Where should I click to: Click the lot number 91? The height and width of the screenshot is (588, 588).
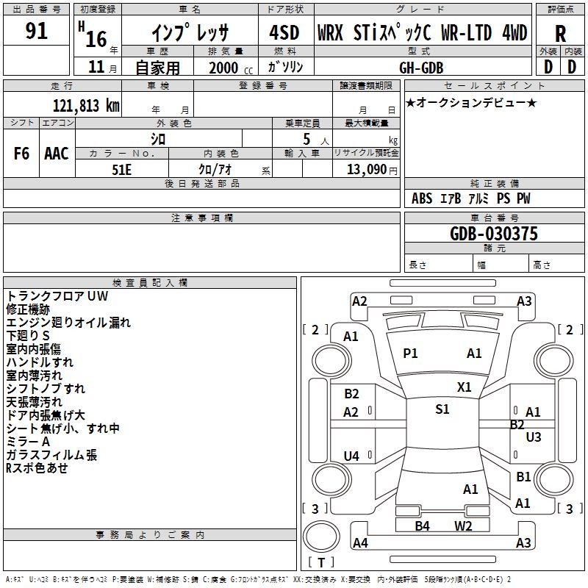coord(36,32)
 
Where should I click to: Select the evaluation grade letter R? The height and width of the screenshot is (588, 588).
coord(560,33)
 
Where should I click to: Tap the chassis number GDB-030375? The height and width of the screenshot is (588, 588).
coord(493,234)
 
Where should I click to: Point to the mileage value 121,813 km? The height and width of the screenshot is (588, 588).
coord(86,105)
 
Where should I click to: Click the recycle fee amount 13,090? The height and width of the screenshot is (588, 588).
coord(365,169)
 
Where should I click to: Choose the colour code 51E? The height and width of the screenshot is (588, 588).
coord(121,169)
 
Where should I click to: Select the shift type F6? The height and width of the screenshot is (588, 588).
coord(21,154)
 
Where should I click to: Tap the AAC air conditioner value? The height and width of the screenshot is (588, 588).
coord(57,154)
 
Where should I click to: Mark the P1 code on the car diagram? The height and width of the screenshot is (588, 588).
coord(410,354)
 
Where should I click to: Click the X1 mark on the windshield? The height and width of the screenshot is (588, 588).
coord(464,387)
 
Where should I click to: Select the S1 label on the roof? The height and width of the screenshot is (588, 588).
coord(442,409)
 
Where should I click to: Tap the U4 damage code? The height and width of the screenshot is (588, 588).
coord(351,456)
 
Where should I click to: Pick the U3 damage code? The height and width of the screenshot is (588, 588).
coord(534,437)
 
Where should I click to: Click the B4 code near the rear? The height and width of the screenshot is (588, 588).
coord(422,526)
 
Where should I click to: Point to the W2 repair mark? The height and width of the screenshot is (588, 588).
coord(463,526)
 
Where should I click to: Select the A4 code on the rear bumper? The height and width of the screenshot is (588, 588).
coord(359,543)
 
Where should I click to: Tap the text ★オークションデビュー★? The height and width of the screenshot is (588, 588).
coord(471,102)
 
